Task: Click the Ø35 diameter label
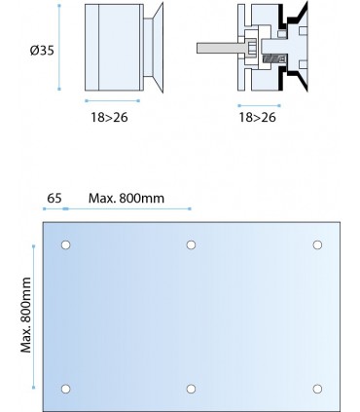(42, 51)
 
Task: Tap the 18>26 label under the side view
(109, 117)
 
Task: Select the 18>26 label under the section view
(258, 117)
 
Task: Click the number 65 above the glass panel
(54, 198)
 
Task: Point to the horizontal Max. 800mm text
(126, 198)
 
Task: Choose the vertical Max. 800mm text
(26, 315)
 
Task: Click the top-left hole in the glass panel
(65, 244)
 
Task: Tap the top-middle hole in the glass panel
(191, 244)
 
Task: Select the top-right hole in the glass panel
(317, 244)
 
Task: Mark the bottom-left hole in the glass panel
(65, 389)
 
